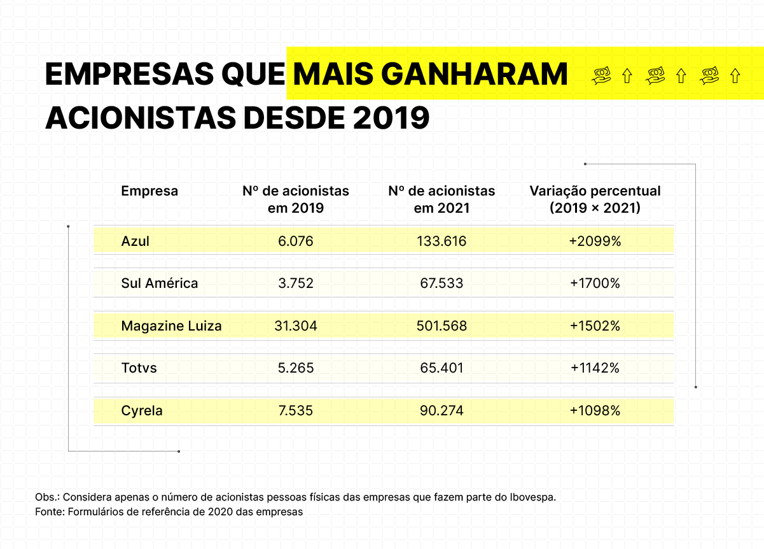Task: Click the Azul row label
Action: (x=135, y=241)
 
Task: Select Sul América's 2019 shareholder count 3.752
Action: (x=296, y=283)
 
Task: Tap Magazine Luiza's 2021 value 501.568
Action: (x=441, y=326)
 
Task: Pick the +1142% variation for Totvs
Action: (x=595, y=368)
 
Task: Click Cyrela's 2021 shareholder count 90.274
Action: (x=441, y=411)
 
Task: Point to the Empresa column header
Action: (x=149, y=191)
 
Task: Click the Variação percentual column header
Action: (x=595, y=199)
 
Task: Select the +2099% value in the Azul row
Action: (x=595, y=241)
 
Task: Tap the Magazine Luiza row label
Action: (x=171, y=326)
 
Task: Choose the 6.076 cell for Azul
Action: (x=296, y=241)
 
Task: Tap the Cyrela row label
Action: (x=142, y=411)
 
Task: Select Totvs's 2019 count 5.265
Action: (x=296, y=368)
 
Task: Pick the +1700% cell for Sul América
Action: (x=595, y=283)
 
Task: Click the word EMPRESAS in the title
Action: (x=129, y=75)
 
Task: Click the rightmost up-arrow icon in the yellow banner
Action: (x=735, y=76)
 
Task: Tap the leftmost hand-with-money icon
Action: (x=601, y=76)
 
